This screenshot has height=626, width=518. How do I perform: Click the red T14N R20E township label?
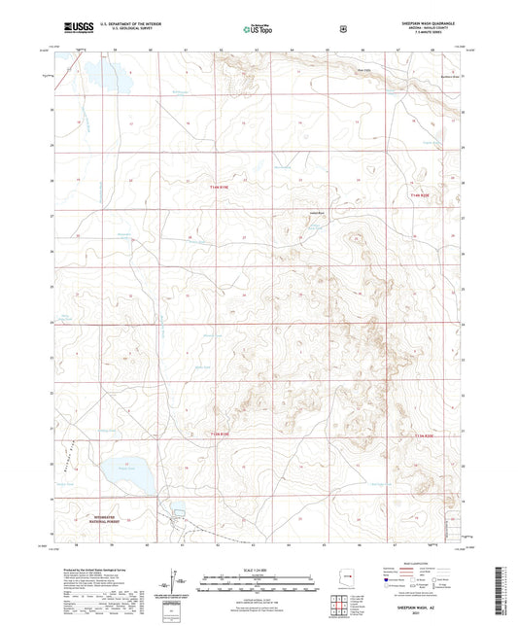pos(419,195)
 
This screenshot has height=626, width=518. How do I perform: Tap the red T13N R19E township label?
pos(224,434)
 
